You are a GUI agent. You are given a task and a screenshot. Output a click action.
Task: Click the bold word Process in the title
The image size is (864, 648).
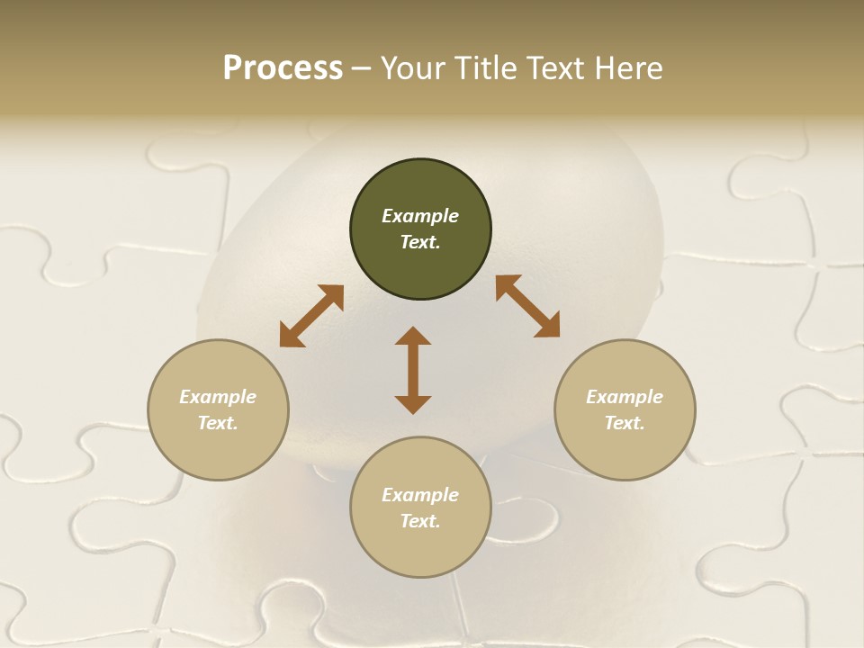coord(283,68)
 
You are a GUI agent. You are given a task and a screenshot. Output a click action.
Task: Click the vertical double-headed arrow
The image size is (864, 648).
coord(413,370)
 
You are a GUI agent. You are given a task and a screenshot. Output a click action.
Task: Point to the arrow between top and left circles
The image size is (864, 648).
coord(311,316)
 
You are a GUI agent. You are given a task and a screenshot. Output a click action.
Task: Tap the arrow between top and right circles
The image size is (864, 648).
coord(527,306)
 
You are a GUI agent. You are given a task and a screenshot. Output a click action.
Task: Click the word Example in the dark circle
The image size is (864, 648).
coord(420,216)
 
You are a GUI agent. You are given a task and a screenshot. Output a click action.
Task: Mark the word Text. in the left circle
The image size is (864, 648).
coord(218,423)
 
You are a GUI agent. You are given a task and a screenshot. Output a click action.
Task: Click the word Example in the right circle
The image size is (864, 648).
coord(625,397)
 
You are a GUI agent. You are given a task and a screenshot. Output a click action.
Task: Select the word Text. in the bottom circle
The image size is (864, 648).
coord(420,521)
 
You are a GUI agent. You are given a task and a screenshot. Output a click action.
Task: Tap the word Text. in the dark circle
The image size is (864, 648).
coord(420,242)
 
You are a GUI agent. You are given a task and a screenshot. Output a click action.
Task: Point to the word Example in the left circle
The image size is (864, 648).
coord(218,397)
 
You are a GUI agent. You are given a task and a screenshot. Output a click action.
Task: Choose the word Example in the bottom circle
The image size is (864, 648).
coord(420,495)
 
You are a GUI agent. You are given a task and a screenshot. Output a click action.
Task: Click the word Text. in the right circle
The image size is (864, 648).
coord(625,423)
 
